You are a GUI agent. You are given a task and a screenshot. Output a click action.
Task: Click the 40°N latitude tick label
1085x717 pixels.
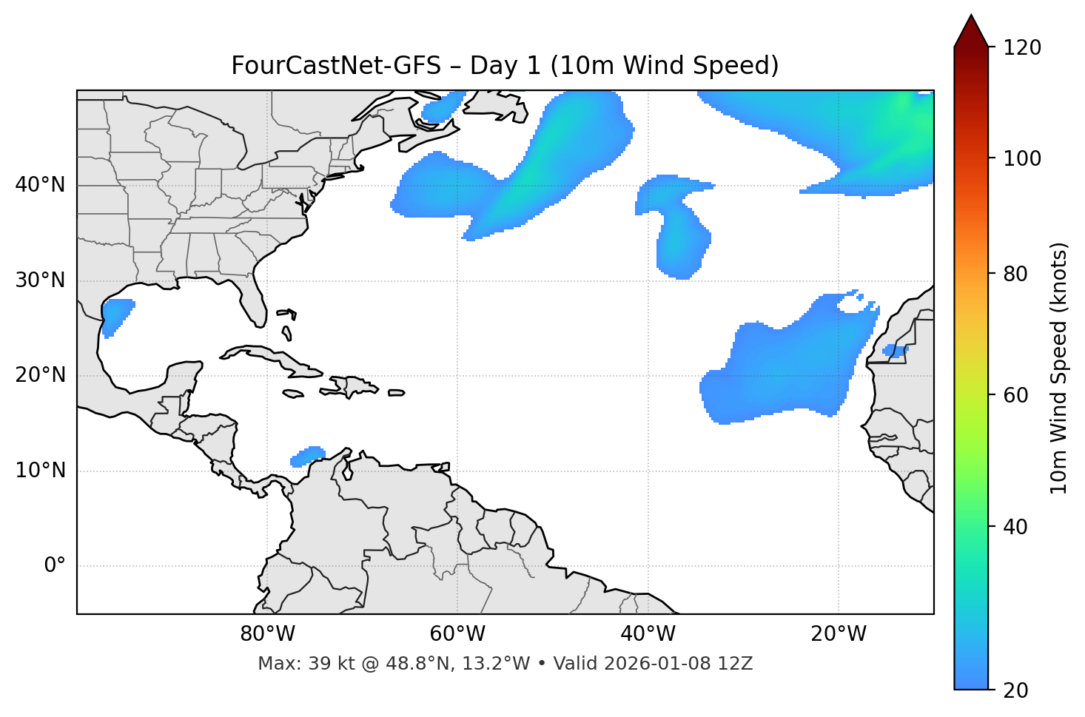[x=40, y=185]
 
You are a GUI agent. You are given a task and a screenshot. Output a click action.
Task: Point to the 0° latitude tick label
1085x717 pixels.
[x=55, y=566]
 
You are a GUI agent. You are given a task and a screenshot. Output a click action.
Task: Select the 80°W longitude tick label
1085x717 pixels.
[x=267, y=634]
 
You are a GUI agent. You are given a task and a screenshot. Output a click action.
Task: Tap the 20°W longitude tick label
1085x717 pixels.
[x=839, y=634]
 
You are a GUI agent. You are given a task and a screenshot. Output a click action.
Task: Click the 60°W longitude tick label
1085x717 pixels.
[x=457, y=634]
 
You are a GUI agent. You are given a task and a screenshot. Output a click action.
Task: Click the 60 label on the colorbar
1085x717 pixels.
[x=1016, y=395]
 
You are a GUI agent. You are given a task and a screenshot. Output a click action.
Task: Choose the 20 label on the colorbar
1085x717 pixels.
[x=1016, y=690]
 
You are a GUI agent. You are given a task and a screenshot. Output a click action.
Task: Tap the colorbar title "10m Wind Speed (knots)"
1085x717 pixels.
[x=1059, y=368]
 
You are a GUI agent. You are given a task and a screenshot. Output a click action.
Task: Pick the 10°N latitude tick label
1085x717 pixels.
[x=40, y=471]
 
